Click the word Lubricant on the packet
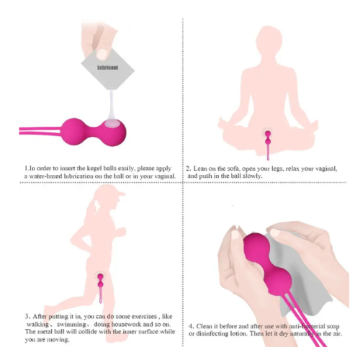click(x=107, y=68)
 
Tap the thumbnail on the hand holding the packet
click(x=102, y=55)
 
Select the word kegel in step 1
click(x=94, y=168)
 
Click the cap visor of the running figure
click(x=120, y=194)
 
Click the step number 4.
click(x=191, y=326)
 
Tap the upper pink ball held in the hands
click(x=256, y=248)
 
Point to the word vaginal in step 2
click(x=326, y=168)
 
